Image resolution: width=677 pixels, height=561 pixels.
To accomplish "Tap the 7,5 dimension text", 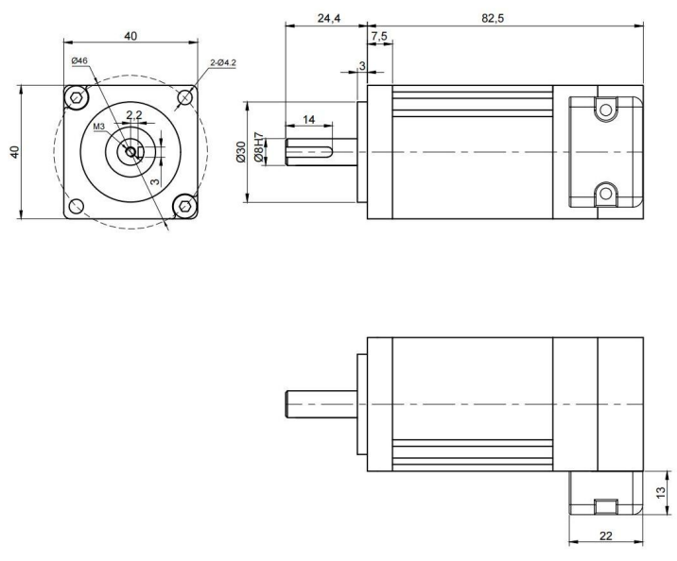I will click(378, 37).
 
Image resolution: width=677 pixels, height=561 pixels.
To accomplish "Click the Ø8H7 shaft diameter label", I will click(256, 151).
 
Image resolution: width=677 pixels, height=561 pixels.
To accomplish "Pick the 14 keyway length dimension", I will click(308, 119).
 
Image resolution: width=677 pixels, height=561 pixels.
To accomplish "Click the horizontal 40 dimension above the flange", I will click(130, 36).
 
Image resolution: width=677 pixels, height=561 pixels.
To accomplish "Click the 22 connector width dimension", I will click(605, 536).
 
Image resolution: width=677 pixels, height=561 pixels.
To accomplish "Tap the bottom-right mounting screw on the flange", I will click(185, 205).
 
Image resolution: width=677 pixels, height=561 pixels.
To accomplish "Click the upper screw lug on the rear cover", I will click(602, 110).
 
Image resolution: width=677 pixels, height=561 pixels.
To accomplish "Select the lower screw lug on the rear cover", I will click(602, 195).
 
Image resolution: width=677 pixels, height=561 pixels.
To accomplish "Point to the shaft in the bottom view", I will click(321, 402).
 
